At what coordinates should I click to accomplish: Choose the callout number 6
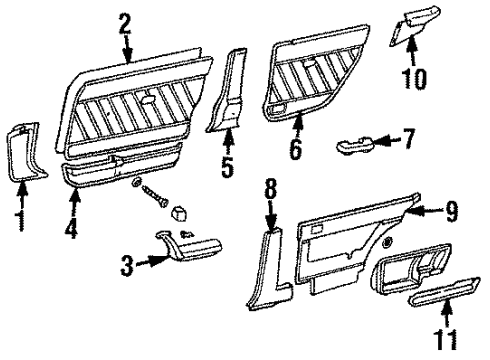coord(296,150)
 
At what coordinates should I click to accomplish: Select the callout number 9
coord(450,212)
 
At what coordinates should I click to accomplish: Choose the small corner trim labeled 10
coord(414,24)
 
